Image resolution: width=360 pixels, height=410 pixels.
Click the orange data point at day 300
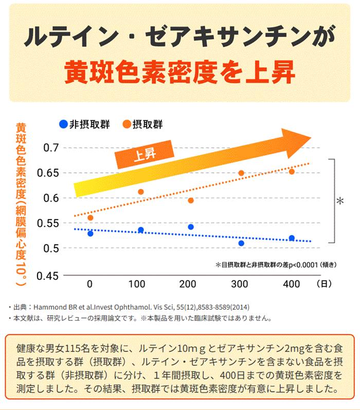tap(241, 173)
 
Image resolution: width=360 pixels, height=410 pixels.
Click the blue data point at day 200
tap(191, 227)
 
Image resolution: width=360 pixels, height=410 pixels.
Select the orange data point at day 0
tap(91, 218)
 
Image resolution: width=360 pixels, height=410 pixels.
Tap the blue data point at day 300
tap(241, 243)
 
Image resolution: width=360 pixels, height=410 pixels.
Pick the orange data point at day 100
tap(141, 192)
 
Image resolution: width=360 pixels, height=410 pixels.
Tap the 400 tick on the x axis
tap(291, 284)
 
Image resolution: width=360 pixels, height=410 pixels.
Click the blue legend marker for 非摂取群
tap(63, 123)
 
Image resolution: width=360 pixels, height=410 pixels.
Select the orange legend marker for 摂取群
tap(127, 123)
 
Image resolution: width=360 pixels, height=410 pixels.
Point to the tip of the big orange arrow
tap(310, 138)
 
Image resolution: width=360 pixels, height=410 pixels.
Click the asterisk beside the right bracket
tap(340, 201)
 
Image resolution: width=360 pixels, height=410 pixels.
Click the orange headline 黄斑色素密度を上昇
tap(179, 73)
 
